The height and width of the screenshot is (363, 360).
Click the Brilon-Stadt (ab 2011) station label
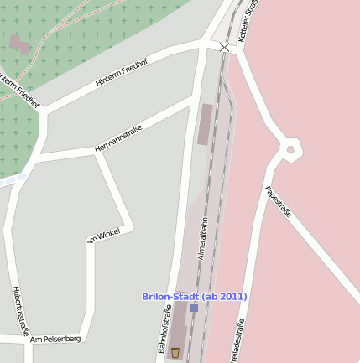point(195,296)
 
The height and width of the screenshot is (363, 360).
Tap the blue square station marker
point(194,308)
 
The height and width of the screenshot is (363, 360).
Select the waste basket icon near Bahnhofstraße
point(175,352)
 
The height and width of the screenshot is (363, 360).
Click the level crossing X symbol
point(224,47)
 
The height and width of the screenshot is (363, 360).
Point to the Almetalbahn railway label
point(202,240)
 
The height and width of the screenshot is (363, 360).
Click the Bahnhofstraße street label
point(164,329)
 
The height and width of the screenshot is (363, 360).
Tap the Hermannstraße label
point(118,138)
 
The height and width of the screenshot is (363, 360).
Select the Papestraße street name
point(278,202)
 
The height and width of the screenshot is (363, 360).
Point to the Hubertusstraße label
point(21,311)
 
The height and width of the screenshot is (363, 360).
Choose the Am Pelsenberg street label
point(55,339)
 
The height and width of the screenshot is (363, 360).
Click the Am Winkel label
point(105,235)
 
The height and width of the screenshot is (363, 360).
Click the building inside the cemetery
point(19,44)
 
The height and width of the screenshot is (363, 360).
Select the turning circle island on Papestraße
point(290,149)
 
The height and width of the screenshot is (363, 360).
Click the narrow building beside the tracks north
point(205,124)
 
